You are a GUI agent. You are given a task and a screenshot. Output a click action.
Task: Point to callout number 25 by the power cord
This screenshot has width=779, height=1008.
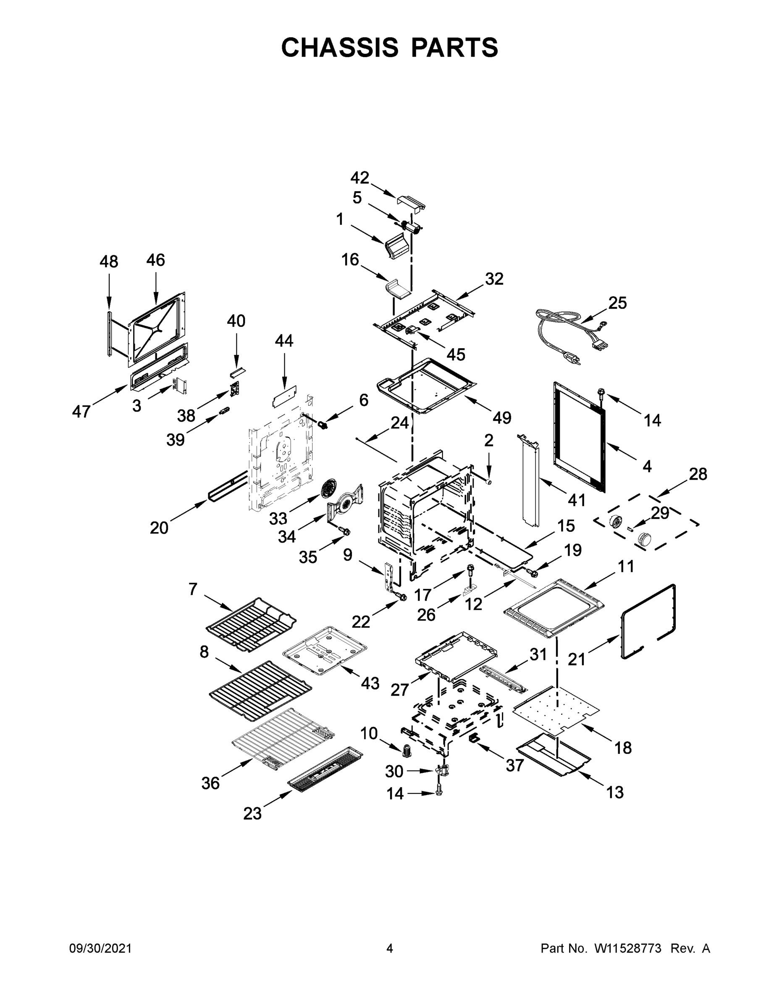click(x=617, y=303)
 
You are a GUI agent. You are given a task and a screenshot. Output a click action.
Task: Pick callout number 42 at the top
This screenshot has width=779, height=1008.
click(x=359, y=178)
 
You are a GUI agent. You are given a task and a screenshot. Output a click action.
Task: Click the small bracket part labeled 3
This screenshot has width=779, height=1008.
click(x=179, y=386)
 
